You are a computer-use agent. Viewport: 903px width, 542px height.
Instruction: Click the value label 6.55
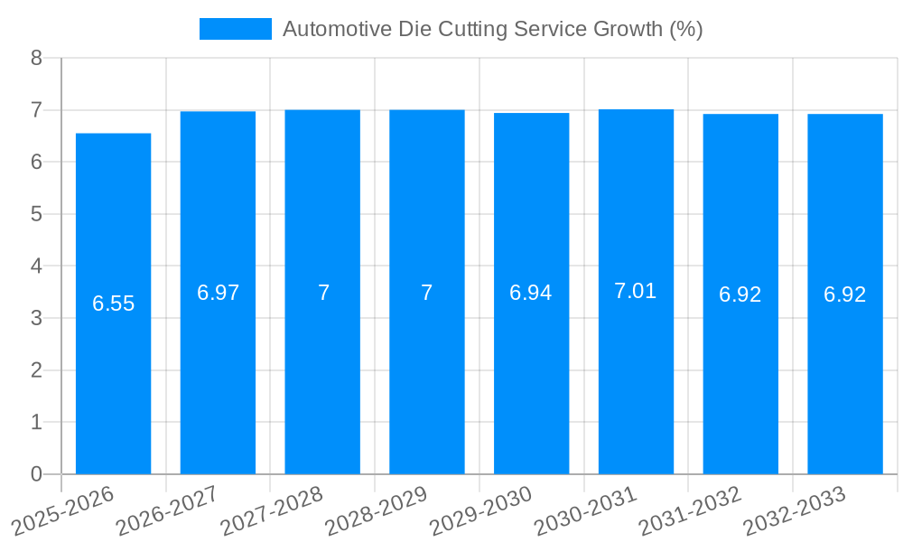point(113,304)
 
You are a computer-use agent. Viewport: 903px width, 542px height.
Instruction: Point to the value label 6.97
point(218,293)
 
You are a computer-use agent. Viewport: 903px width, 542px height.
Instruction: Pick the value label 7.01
point(636,291)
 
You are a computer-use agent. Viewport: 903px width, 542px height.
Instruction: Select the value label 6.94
point(531,293)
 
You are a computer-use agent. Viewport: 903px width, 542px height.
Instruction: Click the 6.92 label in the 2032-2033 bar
point(845,294)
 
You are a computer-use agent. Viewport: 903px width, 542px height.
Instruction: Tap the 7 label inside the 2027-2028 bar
point(322,293)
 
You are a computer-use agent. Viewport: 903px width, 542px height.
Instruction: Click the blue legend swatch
point(235,29)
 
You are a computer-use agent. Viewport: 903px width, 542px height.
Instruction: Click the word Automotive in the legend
point(336,29)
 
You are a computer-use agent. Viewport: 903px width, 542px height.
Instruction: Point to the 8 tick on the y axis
point(36,58)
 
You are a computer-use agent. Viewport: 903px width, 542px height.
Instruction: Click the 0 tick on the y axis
point(36,474)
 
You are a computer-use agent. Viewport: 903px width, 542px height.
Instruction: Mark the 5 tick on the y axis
point(36,214)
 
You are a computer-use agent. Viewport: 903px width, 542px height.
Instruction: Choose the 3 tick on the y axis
point(36,318)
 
